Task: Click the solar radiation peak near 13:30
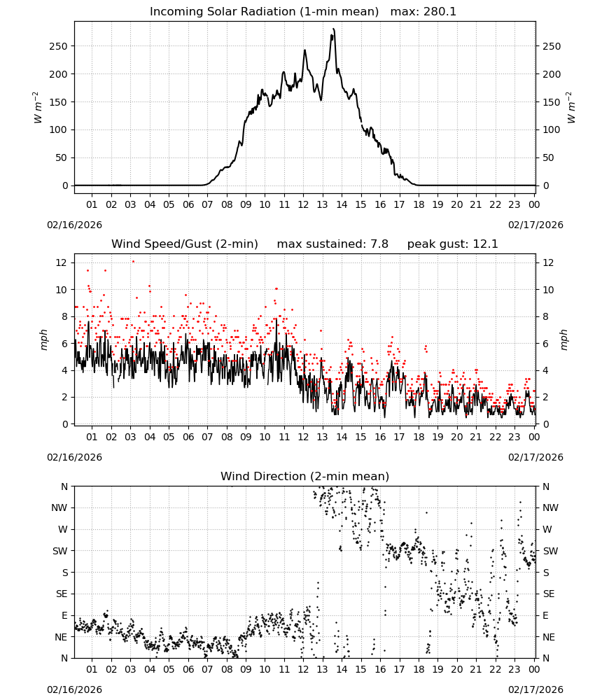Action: pyautogui.click(x=333, y=29)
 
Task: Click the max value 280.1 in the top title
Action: pyautogui.click(x=440, y=12)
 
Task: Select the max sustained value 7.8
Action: pyautogui.click(x=379, y=244)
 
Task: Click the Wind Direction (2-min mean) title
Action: pyautogui.click(x=305, y=476)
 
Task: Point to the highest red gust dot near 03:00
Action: pyautogui.click(x=133, y=262)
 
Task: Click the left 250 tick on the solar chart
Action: pyautogui.click(x=58, y=46)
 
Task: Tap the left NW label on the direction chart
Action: pyautogui.click(x=59, y=507)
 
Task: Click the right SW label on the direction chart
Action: pyautogui.click(x=550, y=551)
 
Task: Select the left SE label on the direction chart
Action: pyautogui.click(x=62, y=594)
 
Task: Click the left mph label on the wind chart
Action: pyautogui.click(x=43, y=339)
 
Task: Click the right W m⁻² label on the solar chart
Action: pyautogui.click(x=571, y=108)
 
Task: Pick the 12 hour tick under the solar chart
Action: pyautogui.click(x=304, y=204)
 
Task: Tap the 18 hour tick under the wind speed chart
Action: pyautogui.click(x=419, y=437)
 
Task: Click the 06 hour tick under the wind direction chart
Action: pyautogui.click(x=188, y=669)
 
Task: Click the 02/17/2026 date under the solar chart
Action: pyautogui.click(x=535, y=225)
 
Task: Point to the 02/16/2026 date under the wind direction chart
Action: pyautogui.click(x=74, y=689)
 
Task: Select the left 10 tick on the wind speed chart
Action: pyautogui.click(x=62, y=290)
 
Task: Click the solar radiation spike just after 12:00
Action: pyautogui.click(x=305, y=50)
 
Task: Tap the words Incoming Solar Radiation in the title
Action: pyautogui.click(x=223, y=12)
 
